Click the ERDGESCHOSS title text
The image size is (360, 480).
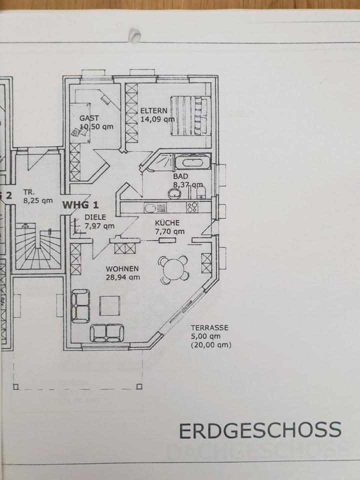260,429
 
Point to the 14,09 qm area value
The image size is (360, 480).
157,119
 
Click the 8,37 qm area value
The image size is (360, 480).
184,185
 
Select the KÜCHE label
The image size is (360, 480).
167,223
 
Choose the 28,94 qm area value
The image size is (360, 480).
122,275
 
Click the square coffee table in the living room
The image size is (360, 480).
109,305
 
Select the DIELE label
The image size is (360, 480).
94,217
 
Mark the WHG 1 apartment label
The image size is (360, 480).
81,204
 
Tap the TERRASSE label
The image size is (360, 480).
209,328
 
